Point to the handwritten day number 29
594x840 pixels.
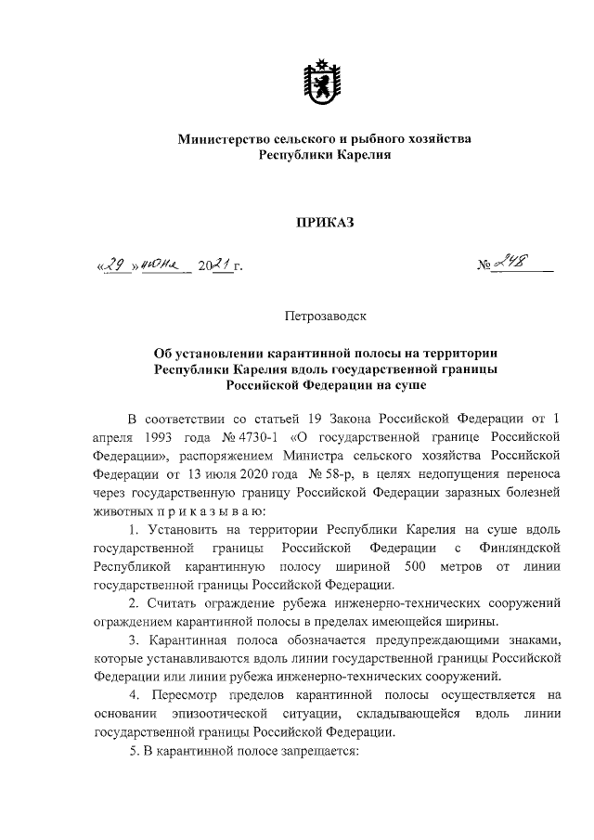[x=114, y=267]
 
